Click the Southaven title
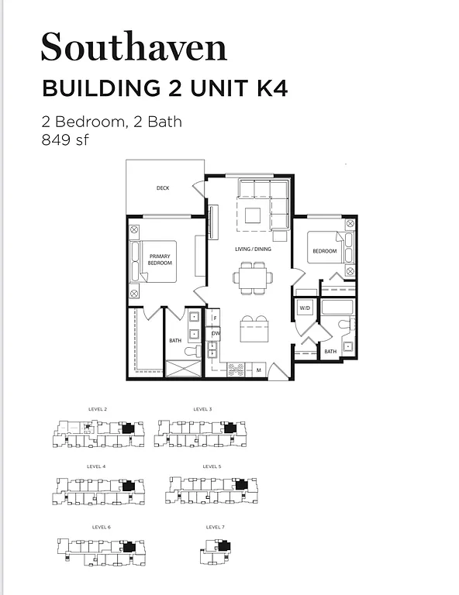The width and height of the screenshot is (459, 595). tap(133, 47)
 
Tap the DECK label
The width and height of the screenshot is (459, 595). tap(163, 188)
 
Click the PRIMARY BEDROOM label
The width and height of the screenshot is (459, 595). tap(160, 260)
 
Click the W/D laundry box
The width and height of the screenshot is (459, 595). tap(305, 308)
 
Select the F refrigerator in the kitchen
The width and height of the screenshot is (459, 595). tap(215, 318)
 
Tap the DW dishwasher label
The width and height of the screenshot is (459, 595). tap(215, 334)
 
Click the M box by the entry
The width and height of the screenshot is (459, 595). tap(258, 370)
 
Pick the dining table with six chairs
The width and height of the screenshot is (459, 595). tap(254, 278)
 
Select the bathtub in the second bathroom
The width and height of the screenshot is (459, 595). tap(336, 308)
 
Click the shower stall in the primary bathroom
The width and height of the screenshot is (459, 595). tap(182, 369)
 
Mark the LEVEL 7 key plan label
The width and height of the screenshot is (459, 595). tap(215, 527)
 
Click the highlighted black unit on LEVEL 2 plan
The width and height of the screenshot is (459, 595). tap(127, 428)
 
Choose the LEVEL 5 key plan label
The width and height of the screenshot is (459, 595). tap(212, 467)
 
